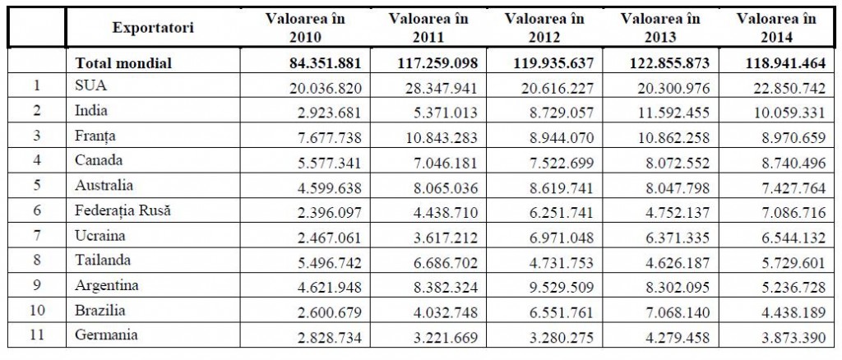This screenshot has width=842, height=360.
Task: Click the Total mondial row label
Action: pos(124,62)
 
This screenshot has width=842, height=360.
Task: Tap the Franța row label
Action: pos(94,136)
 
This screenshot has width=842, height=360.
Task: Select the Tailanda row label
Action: pos(100,261)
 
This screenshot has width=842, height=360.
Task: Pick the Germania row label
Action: pos(103,335)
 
